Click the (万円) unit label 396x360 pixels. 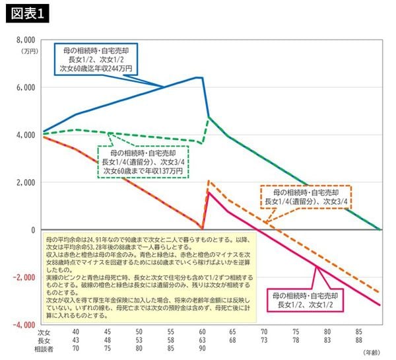[x=30, y=50]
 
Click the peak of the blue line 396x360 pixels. [x=198, y=77]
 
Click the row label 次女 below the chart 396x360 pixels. [x=44, y=332]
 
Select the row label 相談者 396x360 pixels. [x=44, y=348]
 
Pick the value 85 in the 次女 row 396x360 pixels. [x=358, y=332]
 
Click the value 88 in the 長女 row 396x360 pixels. [x=358, y=340]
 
